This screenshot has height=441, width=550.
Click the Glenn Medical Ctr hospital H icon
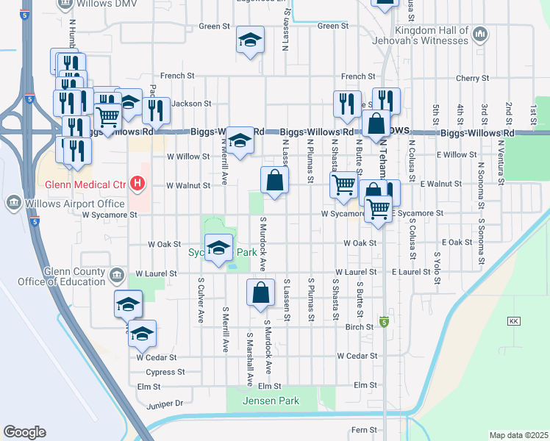click(x=136, y=183)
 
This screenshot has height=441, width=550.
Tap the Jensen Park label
click(x=273, y=401)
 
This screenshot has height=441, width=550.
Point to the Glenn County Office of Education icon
click(x=116, y=276)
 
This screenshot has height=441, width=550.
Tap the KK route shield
click(x=514, y=322)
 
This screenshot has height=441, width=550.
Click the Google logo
click(x=24, y=432)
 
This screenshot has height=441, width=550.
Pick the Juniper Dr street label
click(x=165, y=403)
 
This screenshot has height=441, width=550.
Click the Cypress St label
click(x=166, y=373)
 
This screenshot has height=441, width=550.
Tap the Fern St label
click(x=363, y=429)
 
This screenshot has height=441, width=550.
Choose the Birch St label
click(x=360, y=327)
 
